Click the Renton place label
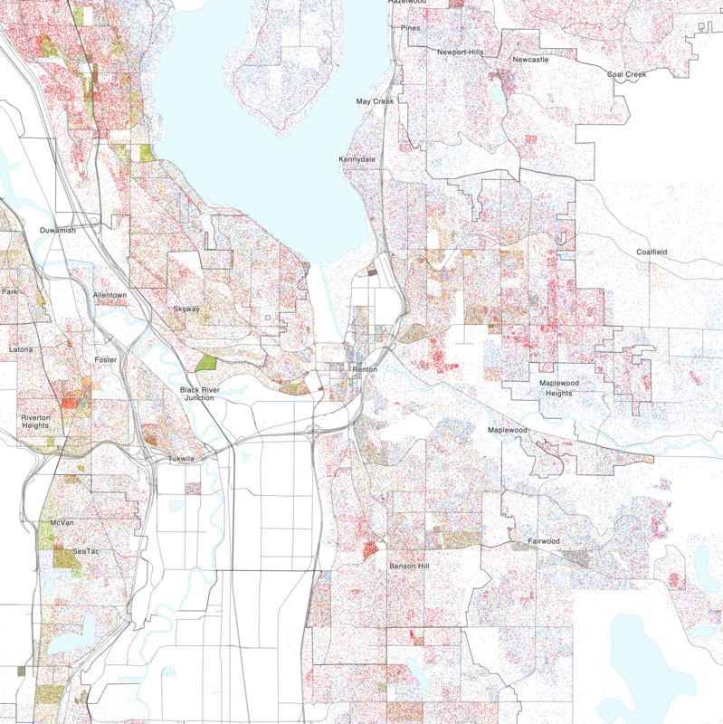pyautogui.click(x=365, y=369)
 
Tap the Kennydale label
pyautogui.click(x=357, y=159)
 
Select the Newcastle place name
pyautogui.click(x=530, y=60)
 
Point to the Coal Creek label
pyautogui.click(x=627, y=74)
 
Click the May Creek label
pyautogui.click(x=376, y=102)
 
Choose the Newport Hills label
pyautogui.click(x=461, y=52)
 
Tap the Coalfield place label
pyautogui.click(x=656, y=252)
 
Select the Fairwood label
pyautogui.click(x=545, y=541)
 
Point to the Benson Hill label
pyautogui.click(x=413, y=566)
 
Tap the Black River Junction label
pyautogui.click(x=200, y=394)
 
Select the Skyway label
pyautogui.click(x=186, y=310)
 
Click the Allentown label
pyautogui.click(x=110, y=296)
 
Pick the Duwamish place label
pyautogui.click(x=58, y=231)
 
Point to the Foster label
pyautogui.click(x=106, y=360)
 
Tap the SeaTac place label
pyautogui.click(x=87, y=551)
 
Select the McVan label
pyautogui.click(x=62, y=523)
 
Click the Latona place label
pyautogui.click(x=20, y=349)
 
